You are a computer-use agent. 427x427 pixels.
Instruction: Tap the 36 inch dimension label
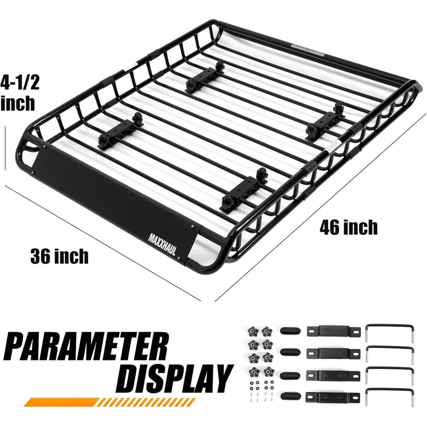(x=59, y=256)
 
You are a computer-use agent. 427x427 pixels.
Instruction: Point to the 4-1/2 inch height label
(x=20, y=93)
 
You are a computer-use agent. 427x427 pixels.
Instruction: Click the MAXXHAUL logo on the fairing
(x=162, y=243)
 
